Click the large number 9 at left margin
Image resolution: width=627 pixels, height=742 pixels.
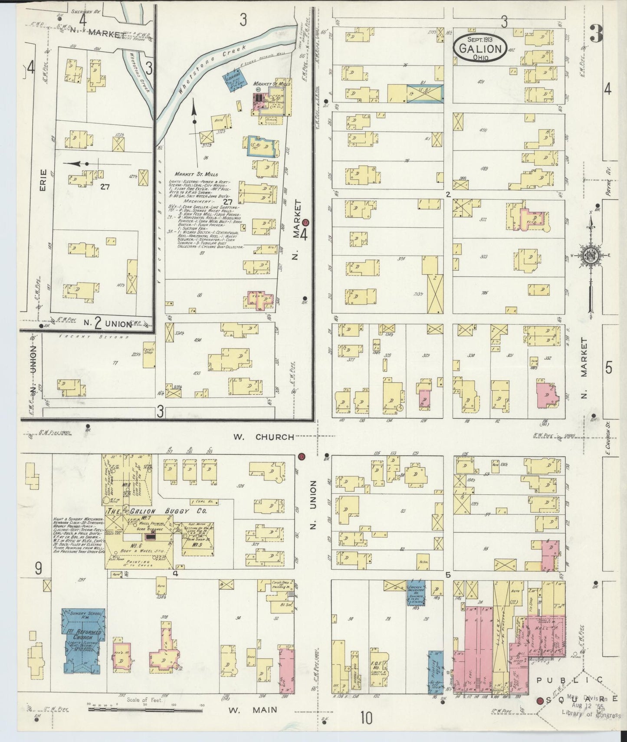pyautogui.click(x=38, y=569)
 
